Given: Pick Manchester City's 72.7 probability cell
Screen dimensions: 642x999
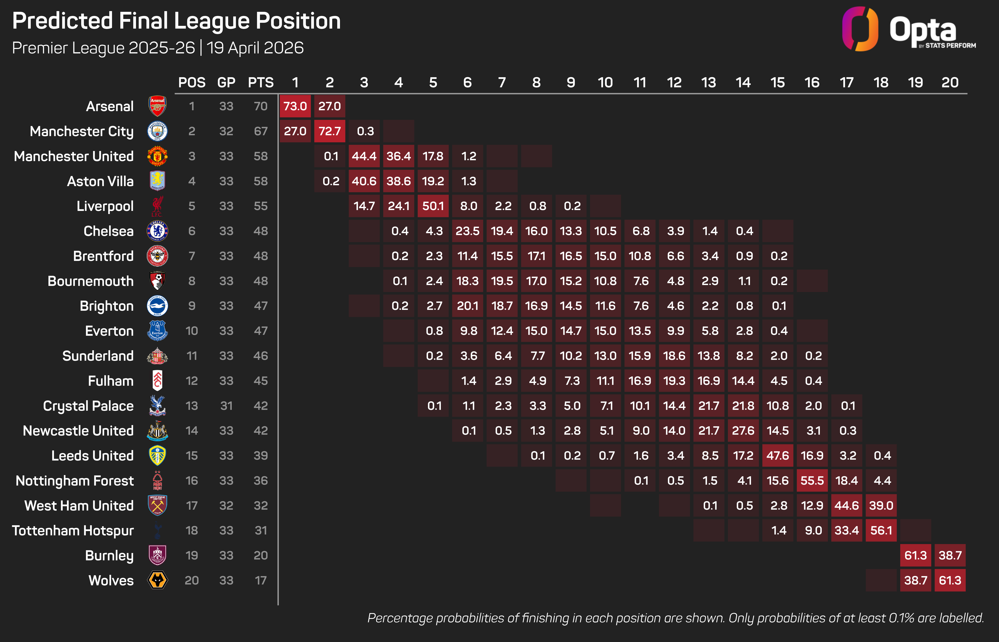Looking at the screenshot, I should click(x=329, y=131).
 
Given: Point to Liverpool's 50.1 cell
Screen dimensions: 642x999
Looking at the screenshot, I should click(x=433, y=206).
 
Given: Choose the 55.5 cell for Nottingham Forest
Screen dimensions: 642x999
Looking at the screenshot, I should click(x=812, y=481).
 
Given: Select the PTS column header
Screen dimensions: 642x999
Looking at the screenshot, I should click(x=261, y=83).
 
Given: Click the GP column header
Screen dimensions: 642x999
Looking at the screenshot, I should click(x=226, y=83).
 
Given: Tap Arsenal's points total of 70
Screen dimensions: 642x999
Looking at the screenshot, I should click(x=261, y=106).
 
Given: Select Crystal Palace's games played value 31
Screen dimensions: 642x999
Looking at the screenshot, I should click(x=226, y=406).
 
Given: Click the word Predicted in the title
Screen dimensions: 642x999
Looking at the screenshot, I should click(x=63, y=21).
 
